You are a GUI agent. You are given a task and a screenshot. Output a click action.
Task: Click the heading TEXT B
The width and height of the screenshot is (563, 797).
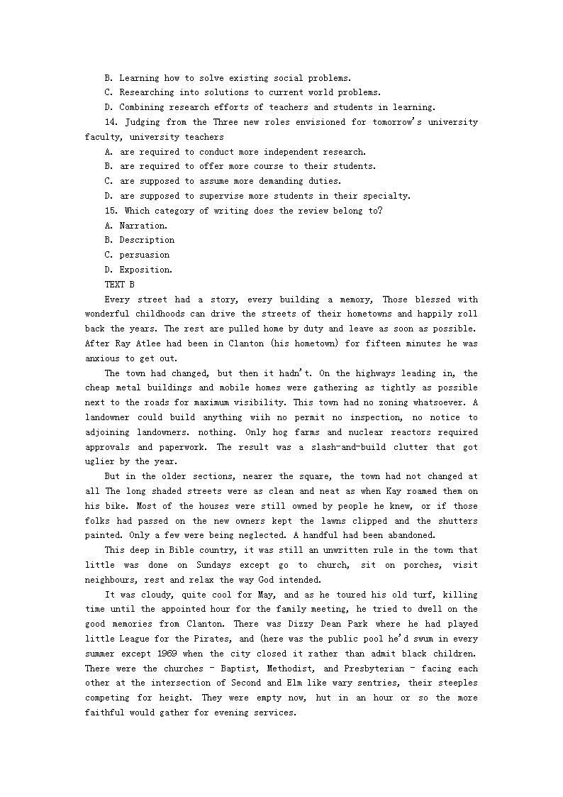click(119, 285)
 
